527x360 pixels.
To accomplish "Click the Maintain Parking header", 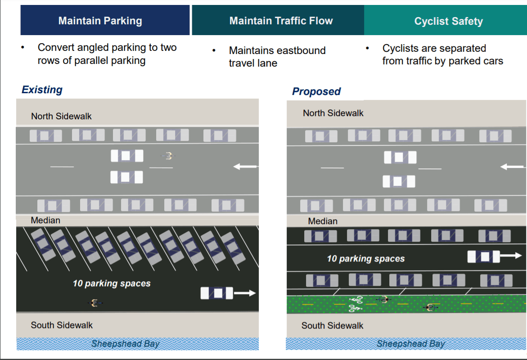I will point(100,21).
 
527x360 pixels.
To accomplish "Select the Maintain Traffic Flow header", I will point(281,21).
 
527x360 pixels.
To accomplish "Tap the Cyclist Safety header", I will point(448,22).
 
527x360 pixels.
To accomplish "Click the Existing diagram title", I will point(42,90).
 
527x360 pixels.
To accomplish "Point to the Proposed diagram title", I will point(316,91).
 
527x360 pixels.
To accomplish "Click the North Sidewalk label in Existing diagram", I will point(61,116).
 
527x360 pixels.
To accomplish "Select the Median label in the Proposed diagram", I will point(322,221).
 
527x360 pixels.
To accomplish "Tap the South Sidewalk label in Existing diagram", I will point(62,325).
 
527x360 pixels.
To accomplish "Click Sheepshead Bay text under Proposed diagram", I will point(410,344).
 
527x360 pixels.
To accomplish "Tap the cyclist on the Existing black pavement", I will point(95,303).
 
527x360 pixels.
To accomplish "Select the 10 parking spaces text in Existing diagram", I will point(112,283).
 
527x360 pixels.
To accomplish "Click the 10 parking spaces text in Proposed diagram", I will point(365,259).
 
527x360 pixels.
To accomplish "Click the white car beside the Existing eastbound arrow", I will point(216,293).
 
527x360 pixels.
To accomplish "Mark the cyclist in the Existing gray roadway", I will point(168,156).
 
